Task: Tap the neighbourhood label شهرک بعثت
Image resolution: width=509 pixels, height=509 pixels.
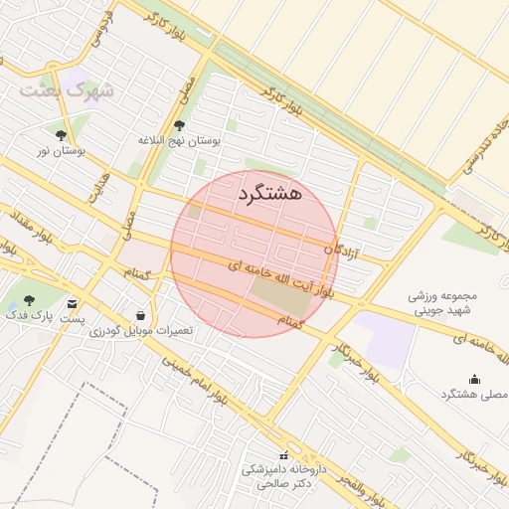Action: tap(66, 90)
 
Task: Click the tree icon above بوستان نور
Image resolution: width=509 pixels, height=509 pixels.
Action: tap(61, 135)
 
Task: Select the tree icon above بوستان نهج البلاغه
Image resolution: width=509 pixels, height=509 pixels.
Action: tap(179, 125)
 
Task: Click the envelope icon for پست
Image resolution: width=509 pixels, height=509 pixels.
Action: tap(72, 303)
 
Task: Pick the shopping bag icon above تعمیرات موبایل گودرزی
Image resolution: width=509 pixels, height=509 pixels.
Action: tap(140, 316)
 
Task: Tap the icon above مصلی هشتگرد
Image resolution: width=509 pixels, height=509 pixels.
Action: tap(473, 379)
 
